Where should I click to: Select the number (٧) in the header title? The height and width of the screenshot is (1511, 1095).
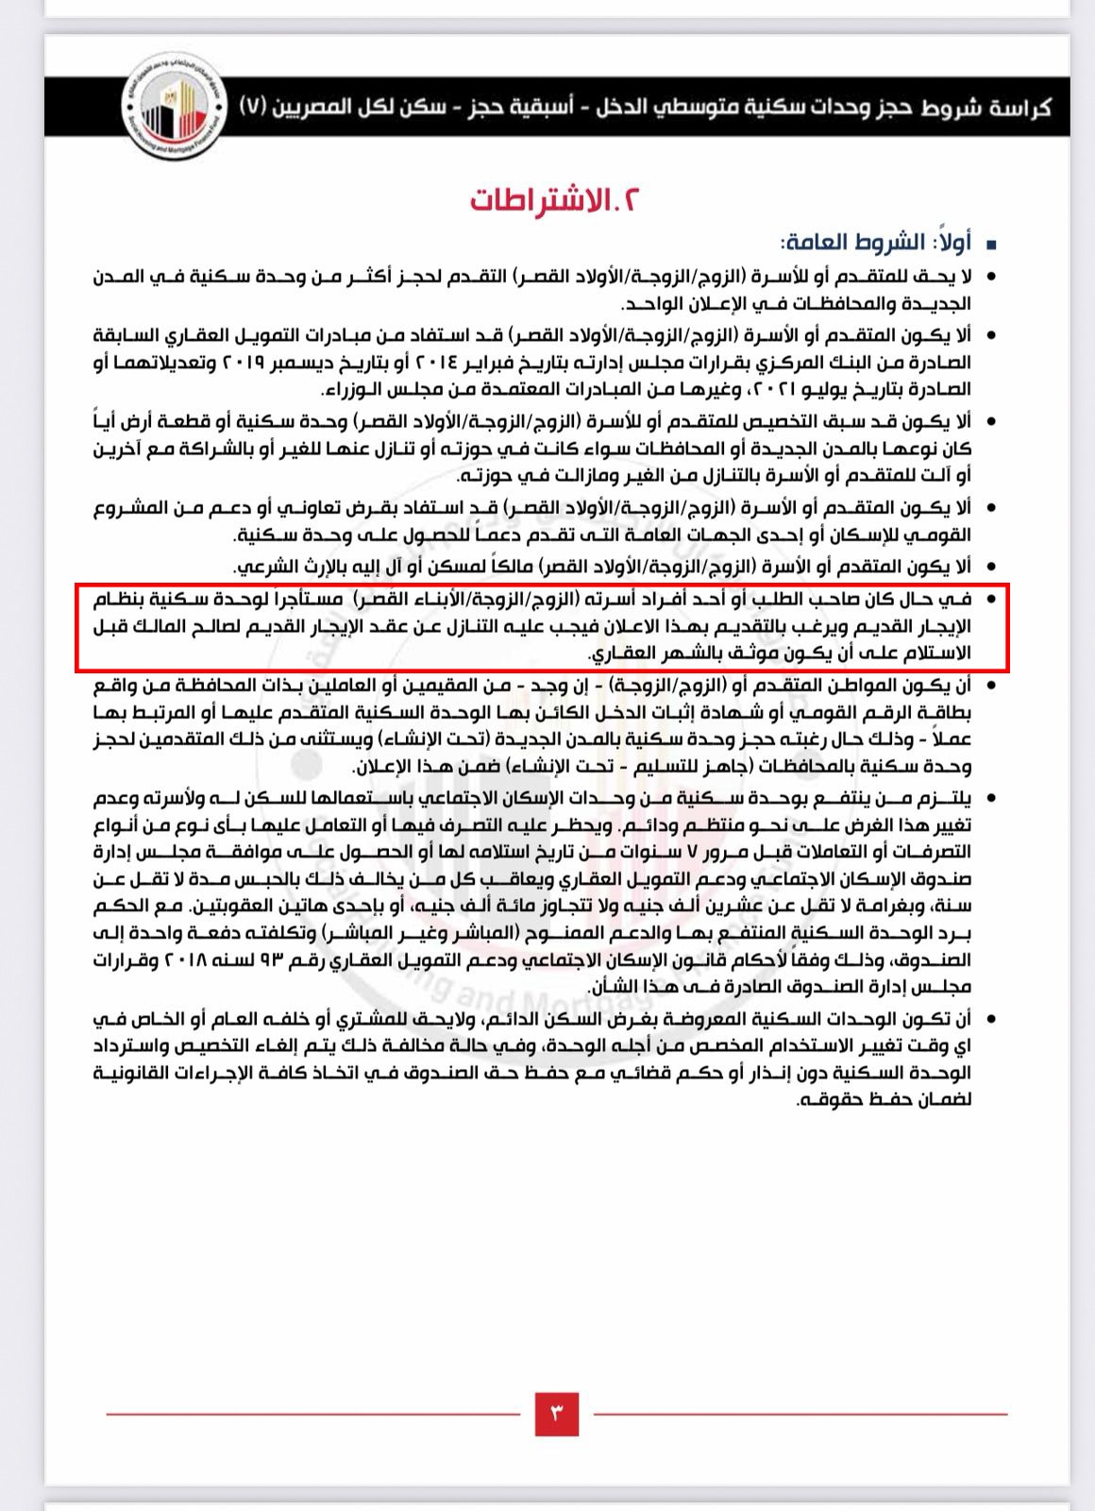coord(255,107)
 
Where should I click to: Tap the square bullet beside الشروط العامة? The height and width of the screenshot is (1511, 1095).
coord(990,246)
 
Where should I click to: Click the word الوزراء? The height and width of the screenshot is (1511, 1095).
coord(344,389)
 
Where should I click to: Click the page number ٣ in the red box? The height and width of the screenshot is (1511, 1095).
coord(556,1413)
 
